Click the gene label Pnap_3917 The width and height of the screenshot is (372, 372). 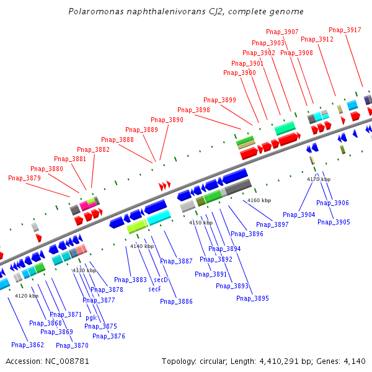[345, 30]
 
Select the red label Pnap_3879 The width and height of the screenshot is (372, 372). [24, 178]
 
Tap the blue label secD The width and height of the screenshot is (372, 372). [161, 280]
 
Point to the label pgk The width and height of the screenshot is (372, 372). [91, 317]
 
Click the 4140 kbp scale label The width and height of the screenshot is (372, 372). [141, 246]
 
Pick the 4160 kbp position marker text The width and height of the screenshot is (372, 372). [259, 200]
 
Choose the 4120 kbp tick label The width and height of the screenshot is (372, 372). [27, 296]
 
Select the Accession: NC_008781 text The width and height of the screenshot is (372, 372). [47, 361]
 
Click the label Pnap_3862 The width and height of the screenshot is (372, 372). [27, 345]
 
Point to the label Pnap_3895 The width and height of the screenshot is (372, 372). [252, 298]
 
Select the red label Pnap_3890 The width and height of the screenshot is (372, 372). [167, 120]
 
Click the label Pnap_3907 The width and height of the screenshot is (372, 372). [282, 32]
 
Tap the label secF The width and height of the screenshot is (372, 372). [155, 289]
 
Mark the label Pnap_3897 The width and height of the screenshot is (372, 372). [272, 224]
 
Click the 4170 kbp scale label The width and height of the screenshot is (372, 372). [319, 179]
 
